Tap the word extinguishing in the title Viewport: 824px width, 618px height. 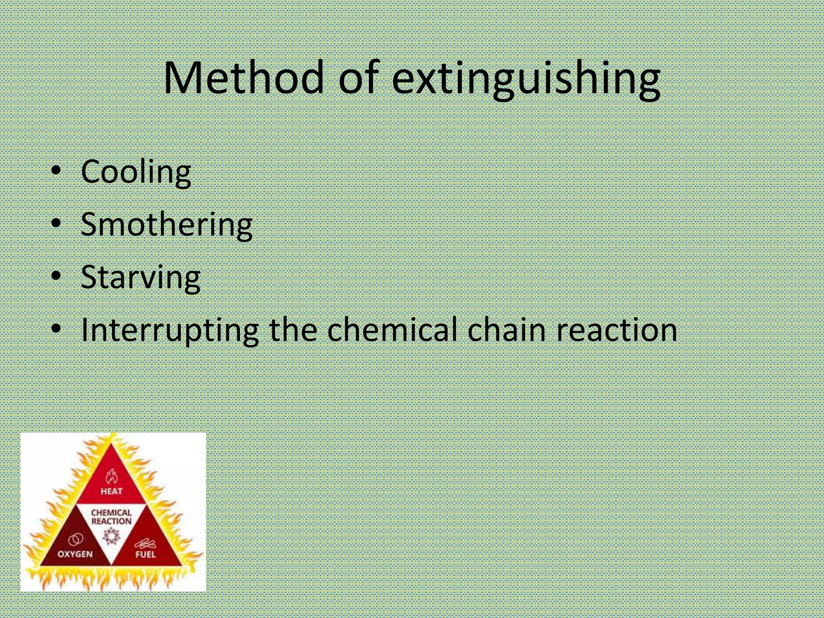pos(525,78)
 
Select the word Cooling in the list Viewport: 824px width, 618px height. pos(136,172)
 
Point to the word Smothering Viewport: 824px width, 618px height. pos(167,225)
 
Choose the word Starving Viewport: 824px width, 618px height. pos(140,278)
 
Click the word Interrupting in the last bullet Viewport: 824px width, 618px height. pos(169,330)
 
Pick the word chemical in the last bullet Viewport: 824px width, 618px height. pos(392,330)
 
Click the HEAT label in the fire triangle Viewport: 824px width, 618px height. pos(111,491)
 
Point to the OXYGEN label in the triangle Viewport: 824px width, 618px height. pos(75,554)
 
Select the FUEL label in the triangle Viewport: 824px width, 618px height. pos(146,554)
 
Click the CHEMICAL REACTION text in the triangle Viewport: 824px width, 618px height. pos(111,517)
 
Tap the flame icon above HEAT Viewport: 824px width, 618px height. pos(111,477)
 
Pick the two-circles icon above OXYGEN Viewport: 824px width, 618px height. pos(76,540)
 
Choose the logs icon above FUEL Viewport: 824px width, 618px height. pos(145,544)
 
